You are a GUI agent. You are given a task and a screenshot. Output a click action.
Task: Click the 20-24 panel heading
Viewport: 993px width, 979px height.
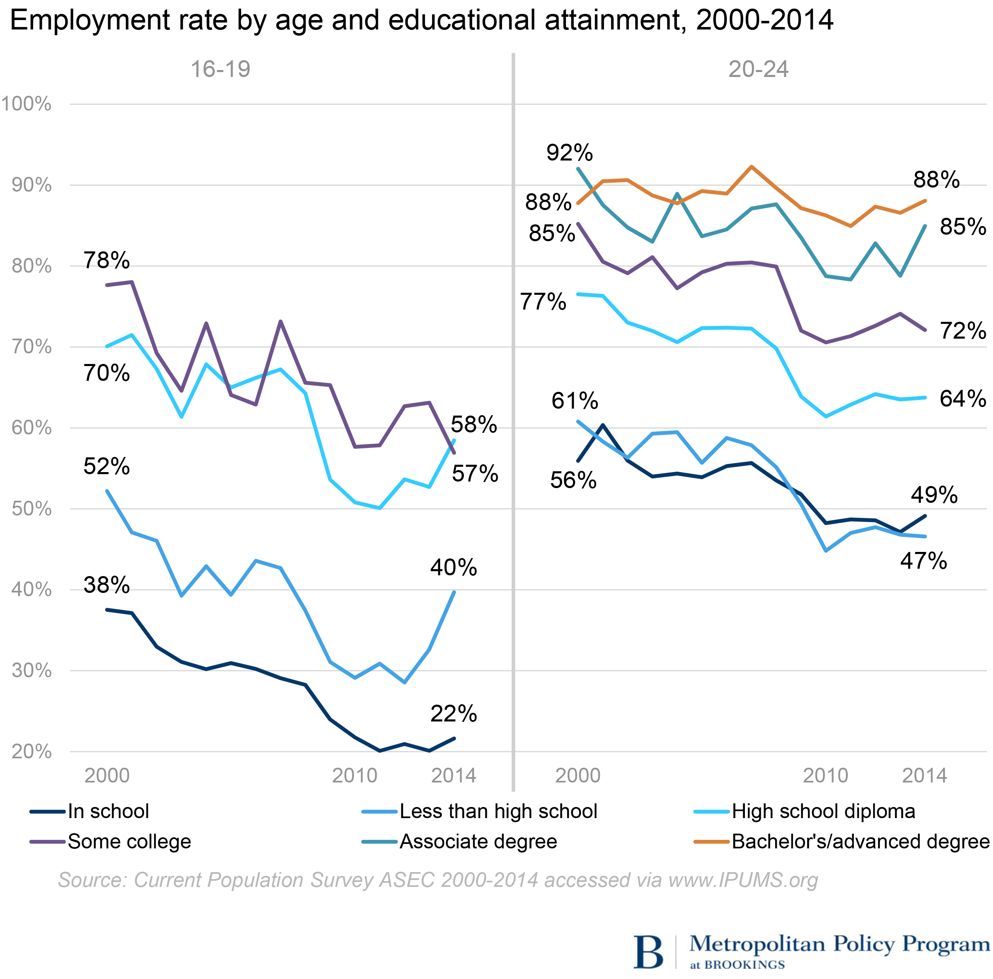point(758,69)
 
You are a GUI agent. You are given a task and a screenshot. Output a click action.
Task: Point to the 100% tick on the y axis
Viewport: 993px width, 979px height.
point(26,104)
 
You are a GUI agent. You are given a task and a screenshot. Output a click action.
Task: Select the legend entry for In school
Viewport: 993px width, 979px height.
point(108,812)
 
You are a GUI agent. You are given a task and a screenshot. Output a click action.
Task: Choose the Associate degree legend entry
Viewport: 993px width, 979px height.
point(478,842)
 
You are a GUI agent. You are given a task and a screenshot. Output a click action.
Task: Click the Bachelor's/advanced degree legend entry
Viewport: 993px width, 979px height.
point(860,842)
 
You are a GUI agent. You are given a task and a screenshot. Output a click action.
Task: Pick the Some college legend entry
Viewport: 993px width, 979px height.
point(129,842)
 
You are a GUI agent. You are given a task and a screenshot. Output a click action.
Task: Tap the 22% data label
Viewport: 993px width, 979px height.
point(453,714)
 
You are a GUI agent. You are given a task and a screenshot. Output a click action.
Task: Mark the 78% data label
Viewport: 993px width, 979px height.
point(106,260)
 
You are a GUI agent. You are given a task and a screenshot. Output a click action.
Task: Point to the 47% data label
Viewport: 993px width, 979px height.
point(923,561)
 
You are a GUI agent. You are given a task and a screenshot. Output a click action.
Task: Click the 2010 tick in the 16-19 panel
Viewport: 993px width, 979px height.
point(355,776)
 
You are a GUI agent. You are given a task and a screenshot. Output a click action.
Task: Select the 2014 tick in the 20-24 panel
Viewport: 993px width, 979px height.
point(924,776)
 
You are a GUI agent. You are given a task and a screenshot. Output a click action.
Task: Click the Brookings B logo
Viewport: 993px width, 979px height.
point(648,951)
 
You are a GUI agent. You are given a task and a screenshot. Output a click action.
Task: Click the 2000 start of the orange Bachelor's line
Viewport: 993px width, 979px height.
point(578,203)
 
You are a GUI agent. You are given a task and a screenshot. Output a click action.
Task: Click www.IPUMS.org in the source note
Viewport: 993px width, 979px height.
point(743,880)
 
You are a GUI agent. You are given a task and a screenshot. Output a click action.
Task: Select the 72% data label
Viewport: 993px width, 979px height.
point(963,331)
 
